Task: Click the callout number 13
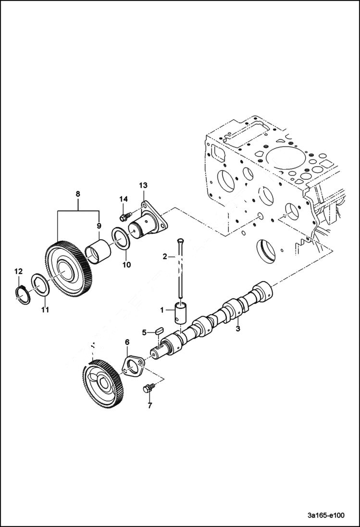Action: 143,185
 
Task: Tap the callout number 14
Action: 124,199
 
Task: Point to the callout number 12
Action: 18,272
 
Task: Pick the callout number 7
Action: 149,406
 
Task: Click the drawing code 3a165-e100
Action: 325,515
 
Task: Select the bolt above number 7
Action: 148,387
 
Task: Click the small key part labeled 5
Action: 159,330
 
